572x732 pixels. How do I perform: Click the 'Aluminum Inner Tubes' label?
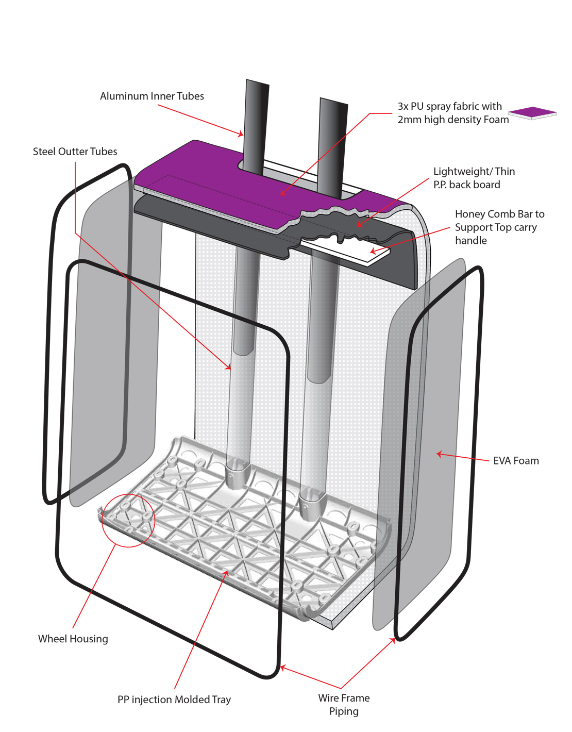pos(152,96)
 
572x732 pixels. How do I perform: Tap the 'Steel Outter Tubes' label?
pos(75,151)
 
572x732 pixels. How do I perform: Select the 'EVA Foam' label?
pos(516,460)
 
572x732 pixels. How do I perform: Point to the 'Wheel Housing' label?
pos(73,639)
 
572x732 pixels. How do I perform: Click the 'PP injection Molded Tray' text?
pos(174,700)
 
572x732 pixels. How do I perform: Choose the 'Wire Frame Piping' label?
pos(344,704)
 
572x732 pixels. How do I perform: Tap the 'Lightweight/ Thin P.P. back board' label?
pos(474,178)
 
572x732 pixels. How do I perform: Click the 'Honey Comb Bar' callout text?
pos(500,227)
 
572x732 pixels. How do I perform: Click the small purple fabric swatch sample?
pos(532,113)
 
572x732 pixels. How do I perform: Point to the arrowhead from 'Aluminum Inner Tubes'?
pos(240,135)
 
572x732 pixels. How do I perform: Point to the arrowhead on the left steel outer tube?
pos(229,367)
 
